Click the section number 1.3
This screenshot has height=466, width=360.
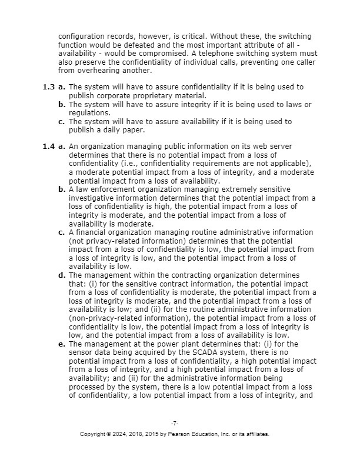point(48,87)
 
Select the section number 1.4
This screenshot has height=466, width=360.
point(48,146)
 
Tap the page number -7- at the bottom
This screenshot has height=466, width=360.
point(175,424)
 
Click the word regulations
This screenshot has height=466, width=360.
point(89,112)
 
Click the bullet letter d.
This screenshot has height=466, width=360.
point(61,275)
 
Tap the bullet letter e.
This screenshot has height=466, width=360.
point(61,344)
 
